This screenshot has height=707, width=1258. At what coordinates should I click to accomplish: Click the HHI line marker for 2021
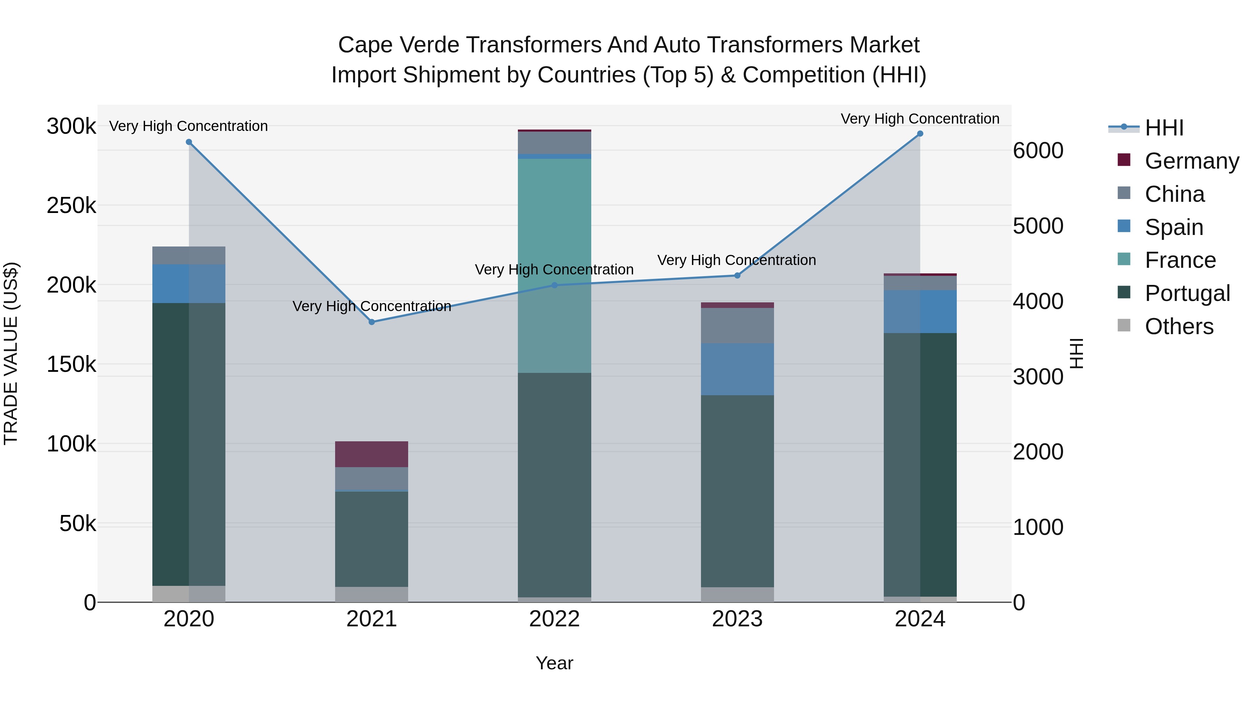372,322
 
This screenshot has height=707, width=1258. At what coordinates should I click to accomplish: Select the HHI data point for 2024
920,134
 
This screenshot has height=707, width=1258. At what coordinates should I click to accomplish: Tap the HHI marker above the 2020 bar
189,142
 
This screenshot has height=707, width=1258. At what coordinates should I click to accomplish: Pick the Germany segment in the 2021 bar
372,454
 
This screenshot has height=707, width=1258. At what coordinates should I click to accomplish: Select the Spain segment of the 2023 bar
737,369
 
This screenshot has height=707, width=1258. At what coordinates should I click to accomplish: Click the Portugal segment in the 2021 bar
372,539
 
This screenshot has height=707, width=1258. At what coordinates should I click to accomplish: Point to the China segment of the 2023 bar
737,325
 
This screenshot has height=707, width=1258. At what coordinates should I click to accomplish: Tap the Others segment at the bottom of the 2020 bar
189,594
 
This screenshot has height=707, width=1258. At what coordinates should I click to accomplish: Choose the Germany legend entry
1192,161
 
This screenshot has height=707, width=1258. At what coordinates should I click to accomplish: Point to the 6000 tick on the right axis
1038,151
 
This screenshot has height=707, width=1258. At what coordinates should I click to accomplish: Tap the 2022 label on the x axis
554,619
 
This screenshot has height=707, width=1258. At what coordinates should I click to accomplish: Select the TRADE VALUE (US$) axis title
11,353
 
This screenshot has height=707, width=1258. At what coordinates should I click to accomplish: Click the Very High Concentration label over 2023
736,260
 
